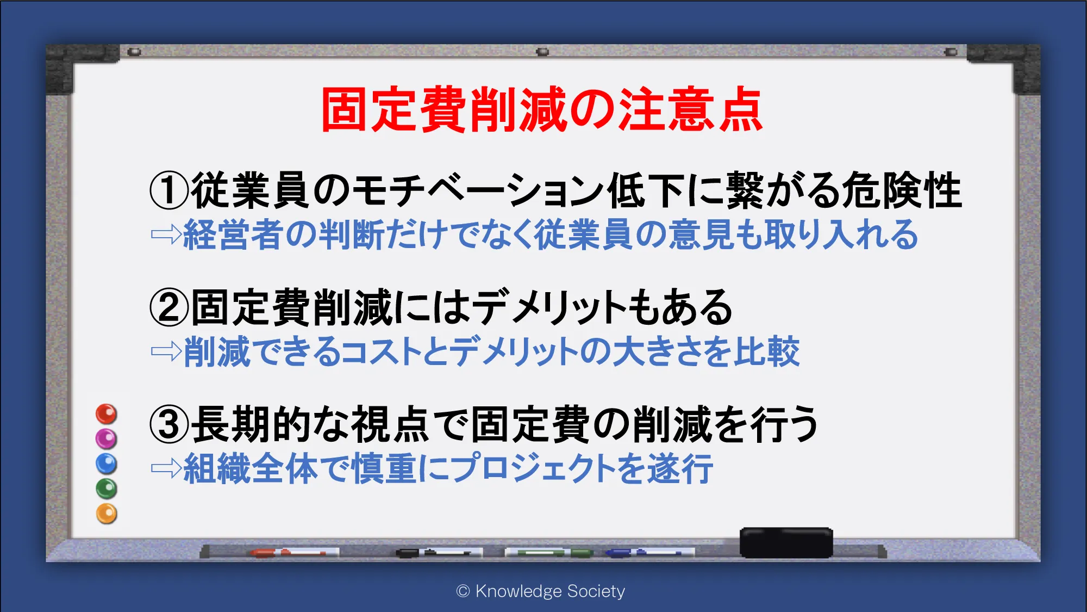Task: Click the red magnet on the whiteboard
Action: [x=107, y=414]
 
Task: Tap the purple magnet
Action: [x=107, y=438]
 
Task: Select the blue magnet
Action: [x=107, y=463]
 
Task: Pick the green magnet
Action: [x=107, y=489]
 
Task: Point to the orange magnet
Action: [x=107, y=514]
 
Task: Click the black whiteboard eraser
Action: [x=786, y=542]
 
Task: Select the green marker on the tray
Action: [x=549, y=553]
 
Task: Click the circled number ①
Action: [x=169, y=190]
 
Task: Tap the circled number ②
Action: [x=169, y=307]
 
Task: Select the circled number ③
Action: [x=169, y=424]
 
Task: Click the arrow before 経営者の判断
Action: [x=166, y=234]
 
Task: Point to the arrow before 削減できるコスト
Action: [x=166, y=351]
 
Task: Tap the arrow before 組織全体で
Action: [x=166, y=468]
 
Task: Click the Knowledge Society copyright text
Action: [x=541, y=591]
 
